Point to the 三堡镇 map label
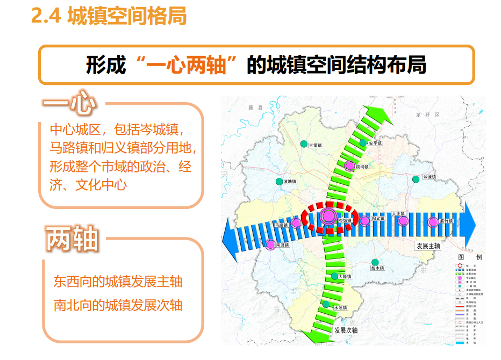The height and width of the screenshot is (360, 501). click(317, 145)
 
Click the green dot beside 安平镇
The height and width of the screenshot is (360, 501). click(363, 143)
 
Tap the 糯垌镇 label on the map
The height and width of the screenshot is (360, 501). click(362, 167)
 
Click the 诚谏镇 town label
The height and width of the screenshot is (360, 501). click(431, 177)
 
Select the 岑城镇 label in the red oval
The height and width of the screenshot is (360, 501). click(345, 220)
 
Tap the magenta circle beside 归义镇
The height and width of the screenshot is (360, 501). click(365, 220)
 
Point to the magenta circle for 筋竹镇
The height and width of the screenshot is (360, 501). click(432, 221)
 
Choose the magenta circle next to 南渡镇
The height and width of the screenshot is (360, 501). click(270, 245)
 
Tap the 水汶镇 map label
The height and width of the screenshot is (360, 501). click(340, 308)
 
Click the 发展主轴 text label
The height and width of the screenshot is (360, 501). click(428, 246)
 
